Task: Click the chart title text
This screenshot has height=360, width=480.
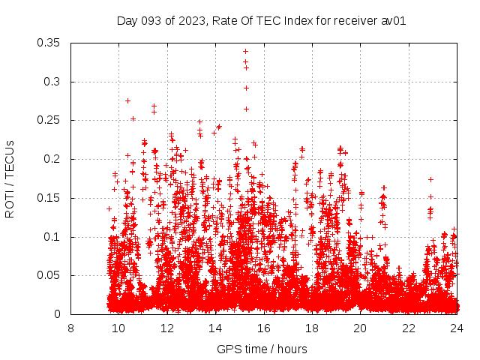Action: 261,21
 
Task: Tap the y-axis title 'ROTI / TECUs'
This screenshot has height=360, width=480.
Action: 10,178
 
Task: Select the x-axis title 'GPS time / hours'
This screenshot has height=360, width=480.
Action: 262,349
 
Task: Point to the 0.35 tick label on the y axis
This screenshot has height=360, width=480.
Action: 49,43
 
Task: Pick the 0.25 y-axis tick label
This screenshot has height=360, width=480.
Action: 49,120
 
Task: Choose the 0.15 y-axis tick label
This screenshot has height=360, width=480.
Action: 49,198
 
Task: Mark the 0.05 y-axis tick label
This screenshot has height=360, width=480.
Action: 49,275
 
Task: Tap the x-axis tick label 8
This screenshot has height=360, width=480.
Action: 70,328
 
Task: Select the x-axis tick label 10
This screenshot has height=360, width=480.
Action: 118,328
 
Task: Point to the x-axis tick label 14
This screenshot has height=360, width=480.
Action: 215,328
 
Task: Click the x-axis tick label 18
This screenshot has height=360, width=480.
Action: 312,328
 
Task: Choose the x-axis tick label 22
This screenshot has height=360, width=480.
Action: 409,328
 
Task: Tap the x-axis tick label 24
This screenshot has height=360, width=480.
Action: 457,328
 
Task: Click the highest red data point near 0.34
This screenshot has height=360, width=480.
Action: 245,52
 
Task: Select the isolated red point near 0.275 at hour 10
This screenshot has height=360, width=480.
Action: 127,100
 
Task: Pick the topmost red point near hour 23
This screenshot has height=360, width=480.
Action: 430,179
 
